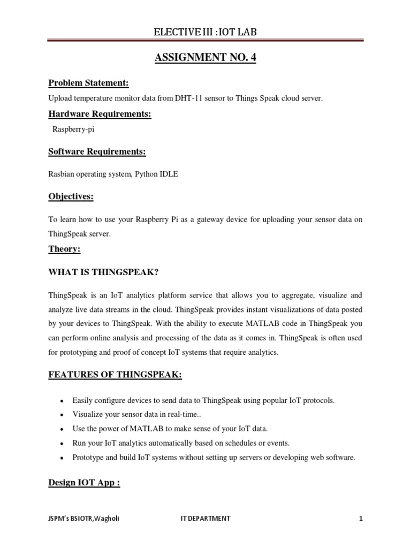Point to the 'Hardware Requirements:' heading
click(x=100, y=115)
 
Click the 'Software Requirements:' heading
click(x=97, y=152)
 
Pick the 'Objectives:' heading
click(x=71, y=197)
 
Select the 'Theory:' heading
click(x=64, y=249)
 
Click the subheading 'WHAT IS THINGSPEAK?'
click(x=103, y=272)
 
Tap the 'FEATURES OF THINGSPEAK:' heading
click(x=116, y=375)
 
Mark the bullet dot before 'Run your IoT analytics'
click(x=63, y=444)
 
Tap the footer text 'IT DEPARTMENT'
click(x=205, y=519)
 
